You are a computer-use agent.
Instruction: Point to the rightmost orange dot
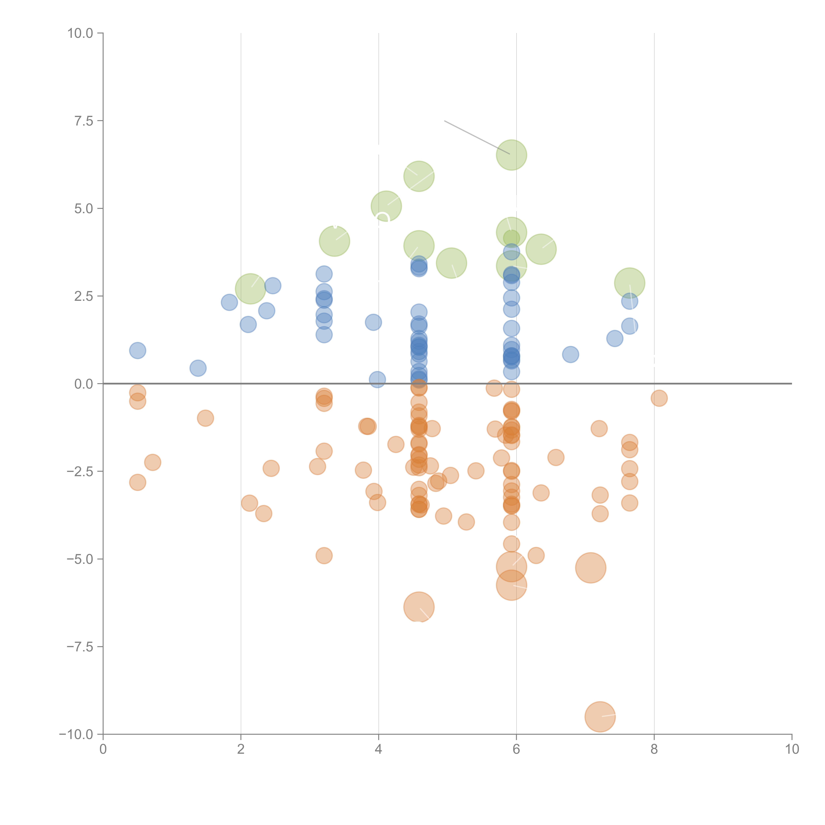[x=659, y=398]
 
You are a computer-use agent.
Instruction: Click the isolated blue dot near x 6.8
[x=570, y=354]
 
